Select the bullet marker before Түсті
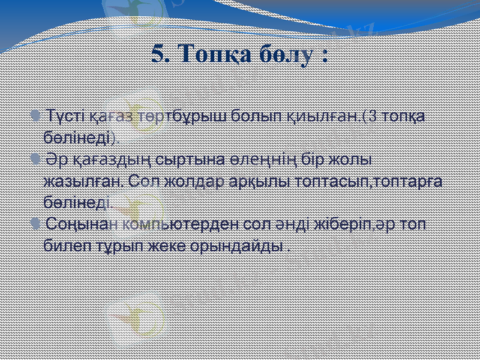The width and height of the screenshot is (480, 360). point(38,114)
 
